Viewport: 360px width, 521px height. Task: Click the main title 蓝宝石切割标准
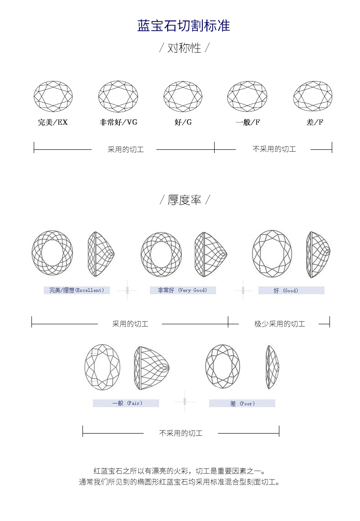[184, 26]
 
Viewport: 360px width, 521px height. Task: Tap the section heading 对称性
[184, 48]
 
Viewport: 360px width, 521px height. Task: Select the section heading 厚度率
[184, 200]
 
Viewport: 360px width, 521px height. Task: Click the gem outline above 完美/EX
[53, 96]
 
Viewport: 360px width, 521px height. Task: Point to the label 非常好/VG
[118, 122]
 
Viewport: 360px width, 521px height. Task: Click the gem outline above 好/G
[183, 96]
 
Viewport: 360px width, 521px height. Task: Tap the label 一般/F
[247, 122]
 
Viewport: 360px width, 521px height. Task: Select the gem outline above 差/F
[313, 96]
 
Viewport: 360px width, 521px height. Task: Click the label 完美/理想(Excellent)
[77, 290]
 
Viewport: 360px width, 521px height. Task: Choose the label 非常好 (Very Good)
[182, 290]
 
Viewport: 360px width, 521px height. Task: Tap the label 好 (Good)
[291, 290]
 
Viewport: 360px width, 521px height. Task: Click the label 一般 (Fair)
[126, 403]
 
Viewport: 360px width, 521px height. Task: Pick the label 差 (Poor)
[242, 403]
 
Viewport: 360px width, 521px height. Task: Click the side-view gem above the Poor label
[273, 367]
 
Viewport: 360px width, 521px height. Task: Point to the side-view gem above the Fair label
[151, 368]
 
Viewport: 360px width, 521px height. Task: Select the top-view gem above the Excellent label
[52, 253]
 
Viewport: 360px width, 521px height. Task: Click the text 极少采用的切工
[279, 324]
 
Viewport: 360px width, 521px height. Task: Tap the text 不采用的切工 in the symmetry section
[274, 149]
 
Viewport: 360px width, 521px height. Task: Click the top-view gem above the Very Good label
[161, 254]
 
